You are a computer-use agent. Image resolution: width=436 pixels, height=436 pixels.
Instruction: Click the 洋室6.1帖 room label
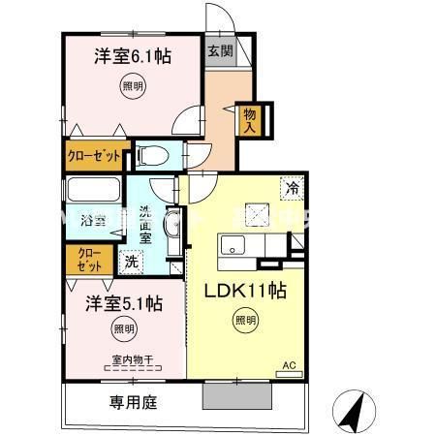click(x=133, y=57)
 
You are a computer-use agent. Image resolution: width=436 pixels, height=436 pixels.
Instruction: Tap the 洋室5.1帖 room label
click(x=122, y=302)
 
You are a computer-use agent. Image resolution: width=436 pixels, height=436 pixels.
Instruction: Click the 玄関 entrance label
click(x=218, y=52)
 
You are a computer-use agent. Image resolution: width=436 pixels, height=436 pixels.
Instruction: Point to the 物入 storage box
click(x=250, y=119)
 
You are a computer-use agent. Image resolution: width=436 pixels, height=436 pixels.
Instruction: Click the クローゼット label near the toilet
click(x=94, y=155)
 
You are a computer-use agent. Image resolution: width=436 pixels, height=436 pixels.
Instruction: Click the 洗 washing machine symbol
click(x=130, y=261)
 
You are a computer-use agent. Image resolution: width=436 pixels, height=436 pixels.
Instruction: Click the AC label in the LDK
click(x=288, y=365)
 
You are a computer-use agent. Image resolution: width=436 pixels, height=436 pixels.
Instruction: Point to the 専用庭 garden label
click(x=125, y=400)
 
